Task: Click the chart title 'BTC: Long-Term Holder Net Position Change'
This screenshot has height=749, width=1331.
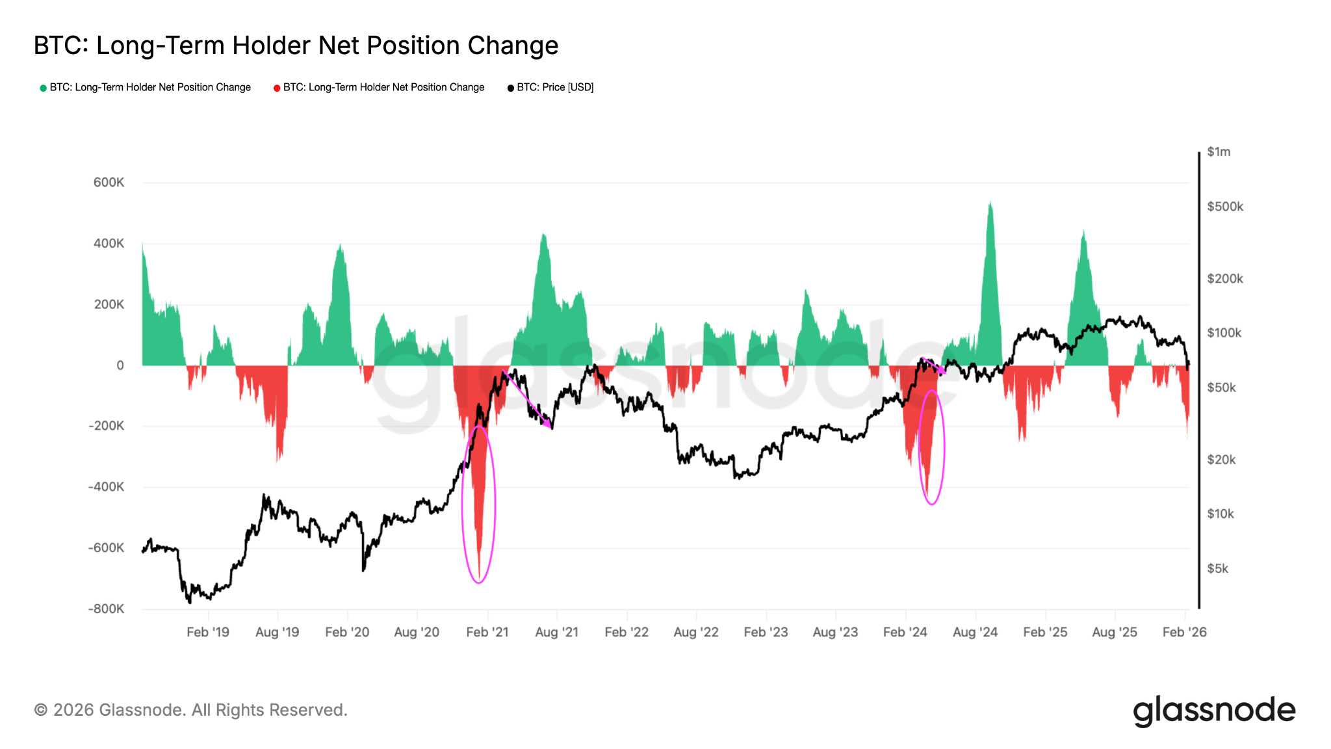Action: (x=296, y=46)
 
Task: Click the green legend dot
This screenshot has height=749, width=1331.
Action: (x=43, y=88)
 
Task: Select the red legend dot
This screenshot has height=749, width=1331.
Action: (x=277, y=88)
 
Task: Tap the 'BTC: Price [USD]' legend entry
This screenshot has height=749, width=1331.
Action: (x=555, y=87)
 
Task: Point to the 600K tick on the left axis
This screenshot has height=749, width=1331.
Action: (x=109, y=183)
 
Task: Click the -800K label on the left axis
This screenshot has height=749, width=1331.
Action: (x=106, y=609)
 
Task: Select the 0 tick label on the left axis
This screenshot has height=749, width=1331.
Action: (x=120, y=365)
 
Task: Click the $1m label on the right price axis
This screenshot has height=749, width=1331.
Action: (x=1219, y=152)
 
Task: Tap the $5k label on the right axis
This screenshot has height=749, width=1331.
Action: (x=1217, y=569)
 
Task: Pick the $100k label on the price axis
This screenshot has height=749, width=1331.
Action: (x=1224, y=333)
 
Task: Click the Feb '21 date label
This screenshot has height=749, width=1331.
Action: (x=487, y=632)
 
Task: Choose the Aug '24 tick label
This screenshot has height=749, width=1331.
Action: (x=975, y=632)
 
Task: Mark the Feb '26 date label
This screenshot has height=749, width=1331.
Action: (x=1184, y=632)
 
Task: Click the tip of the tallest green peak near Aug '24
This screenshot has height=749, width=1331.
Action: (x=990, y=203)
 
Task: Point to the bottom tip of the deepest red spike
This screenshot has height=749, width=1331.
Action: (x=479, y=578)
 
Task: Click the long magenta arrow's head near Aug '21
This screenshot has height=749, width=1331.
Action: (x=550, y=427)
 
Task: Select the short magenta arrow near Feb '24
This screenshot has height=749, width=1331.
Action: (x=933, y=365)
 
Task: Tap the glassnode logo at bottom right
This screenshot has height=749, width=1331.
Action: (x=1214, y=711)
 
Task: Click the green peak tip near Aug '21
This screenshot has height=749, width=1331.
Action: (x=543, y=235)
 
